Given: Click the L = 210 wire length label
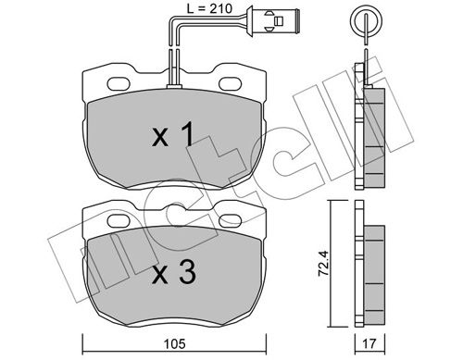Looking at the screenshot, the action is point(209,8).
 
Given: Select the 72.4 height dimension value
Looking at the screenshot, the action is point(324,263).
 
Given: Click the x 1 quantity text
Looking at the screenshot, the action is point(173,135).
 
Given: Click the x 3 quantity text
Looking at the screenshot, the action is point(174,271).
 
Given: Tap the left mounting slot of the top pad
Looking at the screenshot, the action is point(119,83).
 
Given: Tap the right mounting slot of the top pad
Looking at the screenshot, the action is point(231,83).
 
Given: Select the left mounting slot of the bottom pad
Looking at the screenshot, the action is point(119,220).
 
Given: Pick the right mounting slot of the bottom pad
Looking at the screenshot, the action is point(231,220).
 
